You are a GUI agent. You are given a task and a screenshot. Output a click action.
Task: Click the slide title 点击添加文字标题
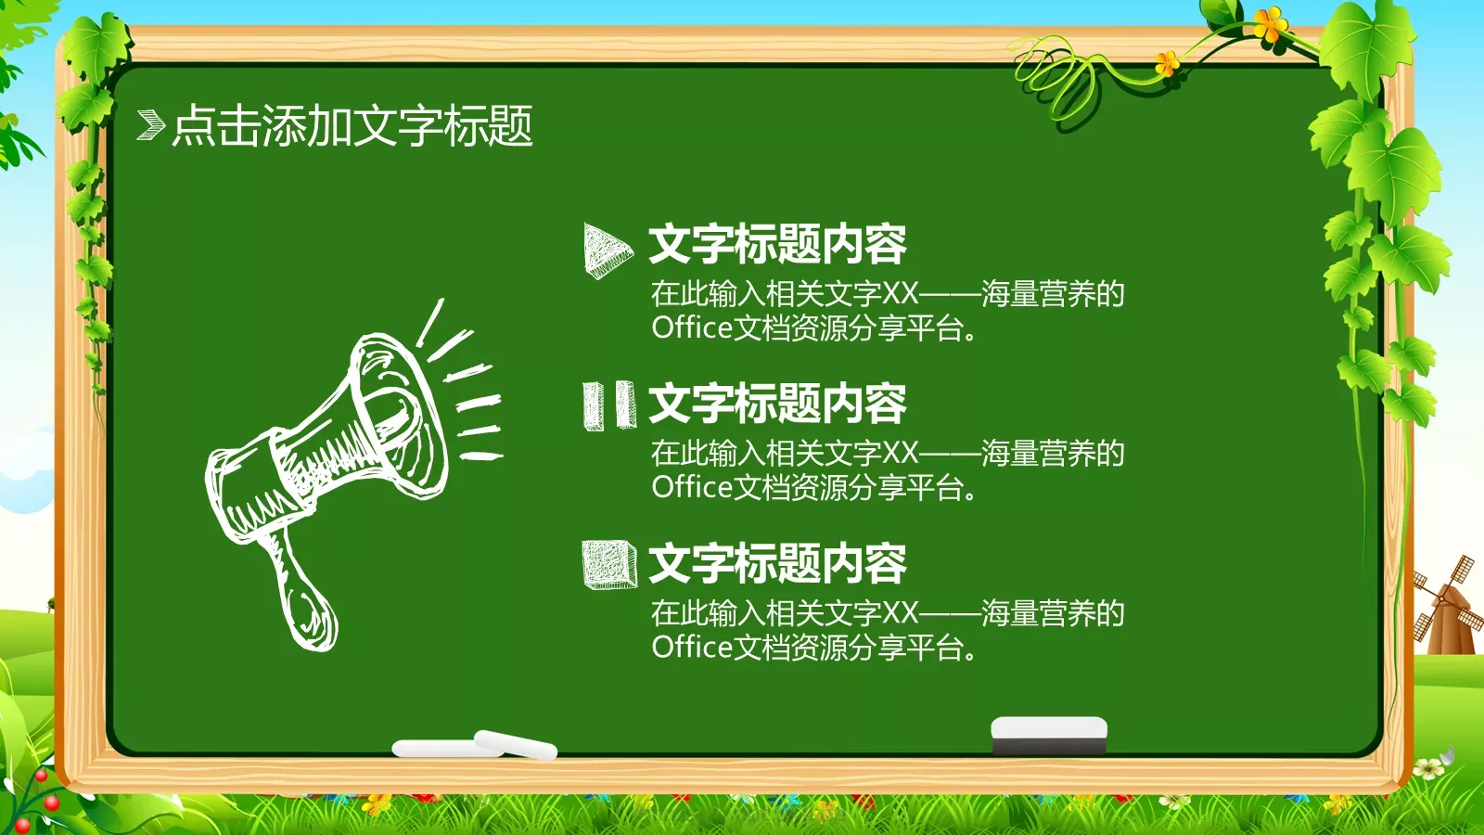pos(352,125)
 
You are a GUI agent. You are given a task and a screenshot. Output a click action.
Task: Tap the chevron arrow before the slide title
pos(150,125)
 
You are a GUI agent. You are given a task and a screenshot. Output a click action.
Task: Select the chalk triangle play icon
pos(607,249)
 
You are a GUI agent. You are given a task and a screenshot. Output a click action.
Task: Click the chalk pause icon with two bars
pos(609,405)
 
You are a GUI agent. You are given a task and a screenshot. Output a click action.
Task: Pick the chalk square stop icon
pos(608,564)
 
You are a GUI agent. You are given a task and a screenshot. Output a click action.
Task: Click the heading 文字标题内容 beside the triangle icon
pos(777,244)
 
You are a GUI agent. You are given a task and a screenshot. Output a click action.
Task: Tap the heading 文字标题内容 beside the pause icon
pos(777,404)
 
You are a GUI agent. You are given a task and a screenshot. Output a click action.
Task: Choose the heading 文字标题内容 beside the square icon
pos(777,563)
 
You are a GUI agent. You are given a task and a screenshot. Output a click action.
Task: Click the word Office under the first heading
pos(692,328)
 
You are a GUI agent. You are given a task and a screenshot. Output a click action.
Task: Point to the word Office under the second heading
pos(692,487)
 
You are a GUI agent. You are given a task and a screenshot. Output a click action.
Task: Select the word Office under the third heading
pos(692,647)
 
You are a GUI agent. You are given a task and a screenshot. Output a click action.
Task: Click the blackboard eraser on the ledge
pos(1049,734)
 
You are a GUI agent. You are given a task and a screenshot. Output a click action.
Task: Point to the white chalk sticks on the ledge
pos(475,745)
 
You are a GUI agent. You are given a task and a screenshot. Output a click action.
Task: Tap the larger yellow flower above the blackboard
pos(1271,23)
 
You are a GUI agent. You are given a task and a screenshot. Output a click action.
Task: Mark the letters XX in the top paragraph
pos(900,294)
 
